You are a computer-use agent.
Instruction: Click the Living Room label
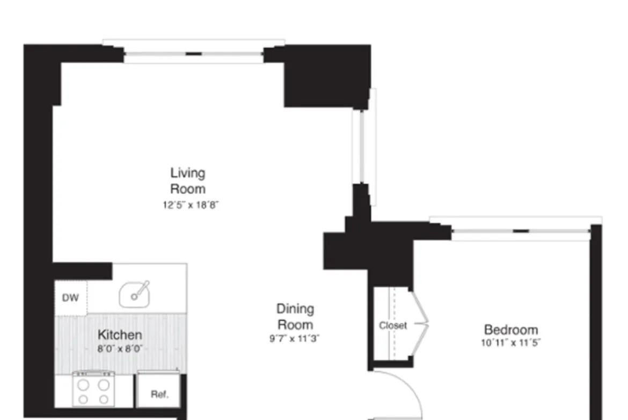pyautogui.click(x=188, y=181)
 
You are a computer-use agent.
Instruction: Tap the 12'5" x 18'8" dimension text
pyautogui.click(x=192, y=205)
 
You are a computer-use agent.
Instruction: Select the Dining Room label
pyautogui.click(x=295, y=317)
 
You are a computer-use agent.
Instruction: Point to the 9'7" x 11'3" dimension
pyautogui.click(x=295, y=339)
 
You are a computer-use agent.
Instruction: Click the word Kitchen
pyautogui.click(x=120, y=335)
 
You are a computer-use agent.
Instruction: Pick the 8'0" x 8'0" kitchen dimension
pyautogui.click(x=120, y=348)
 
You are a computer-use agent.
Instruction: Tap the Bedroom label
pyautogui.click(x=511, y=330)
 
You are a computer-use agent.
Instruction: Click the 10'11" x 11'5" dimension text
pyautogui.click(x=511, y=343)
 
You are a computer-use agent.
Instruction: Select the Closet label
pyautogui.click(x=393, y=325)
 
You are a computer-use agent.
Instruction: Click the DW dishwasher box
pyautogui.click(x=70, y=297)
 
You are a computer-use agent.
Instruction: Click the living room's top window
pyautogui.click(x=194, y=54)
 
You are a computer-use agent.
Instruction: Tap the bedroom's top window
pyautogui.click(x=521, y=231)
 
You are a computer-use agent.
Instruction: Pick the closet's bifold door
pyautogui.click(x=420, y=323)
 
